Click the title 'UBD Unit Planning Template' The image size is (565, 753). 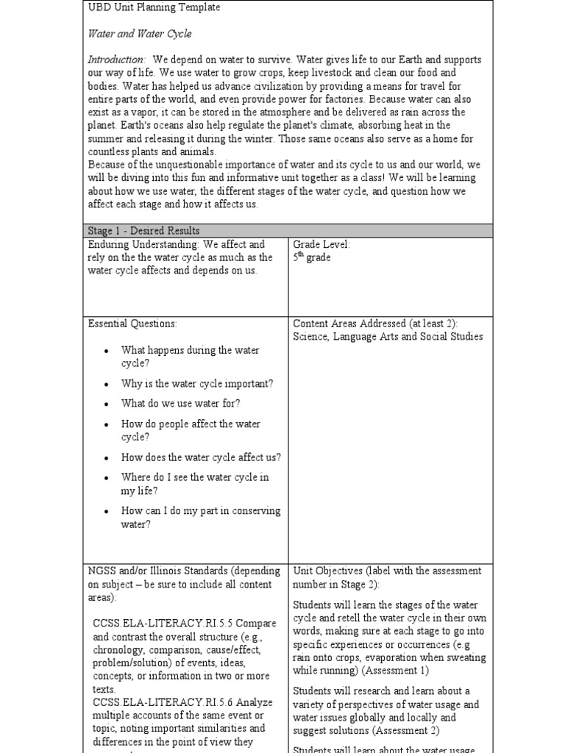[154, 7]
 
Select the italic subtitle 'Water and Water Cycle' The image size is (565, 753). [140, 34]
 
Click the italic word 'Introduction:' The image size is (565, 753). [117, 60]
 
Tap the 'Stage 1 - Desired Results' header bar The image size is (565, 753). [143, 231]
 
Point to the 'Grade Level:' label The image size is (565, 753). [321, 244]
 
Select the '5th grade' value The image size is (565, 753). [312, 258]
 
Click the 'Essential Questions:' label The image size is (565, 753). [132, 324]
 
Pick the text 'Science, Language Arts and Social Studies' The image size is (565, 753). [388, 337]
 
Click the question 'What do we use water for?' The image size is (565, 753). [181, 404]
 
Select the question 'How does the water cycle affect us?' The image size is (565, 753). [201, 457]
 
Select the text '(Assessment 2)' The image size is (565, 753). [405, 730]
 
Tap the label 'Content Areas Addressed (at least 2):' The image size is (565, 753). [381, 324]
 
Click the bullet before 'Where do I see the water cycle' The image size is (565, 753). [107, 478]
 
